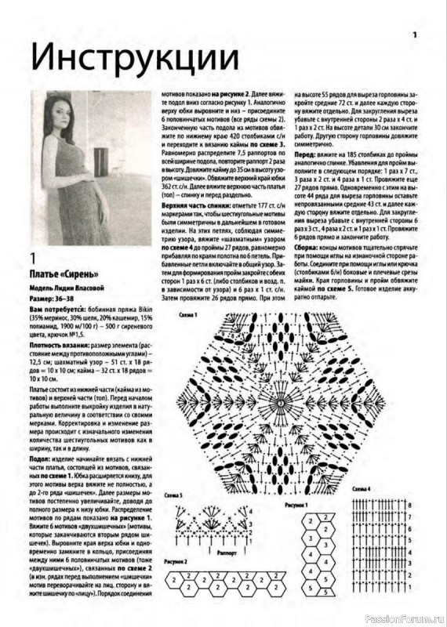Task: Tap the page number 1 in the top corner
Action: pos(416,34)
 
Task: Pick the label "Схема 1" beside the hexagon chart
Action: pos(188,313)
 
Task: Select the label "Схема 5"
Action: pos(173,496)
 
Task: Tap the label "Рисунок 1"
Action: pos(296,506)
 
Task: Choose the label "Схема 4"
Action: pos(362,488)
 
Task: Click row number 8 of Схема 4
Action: pos(409,506)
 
